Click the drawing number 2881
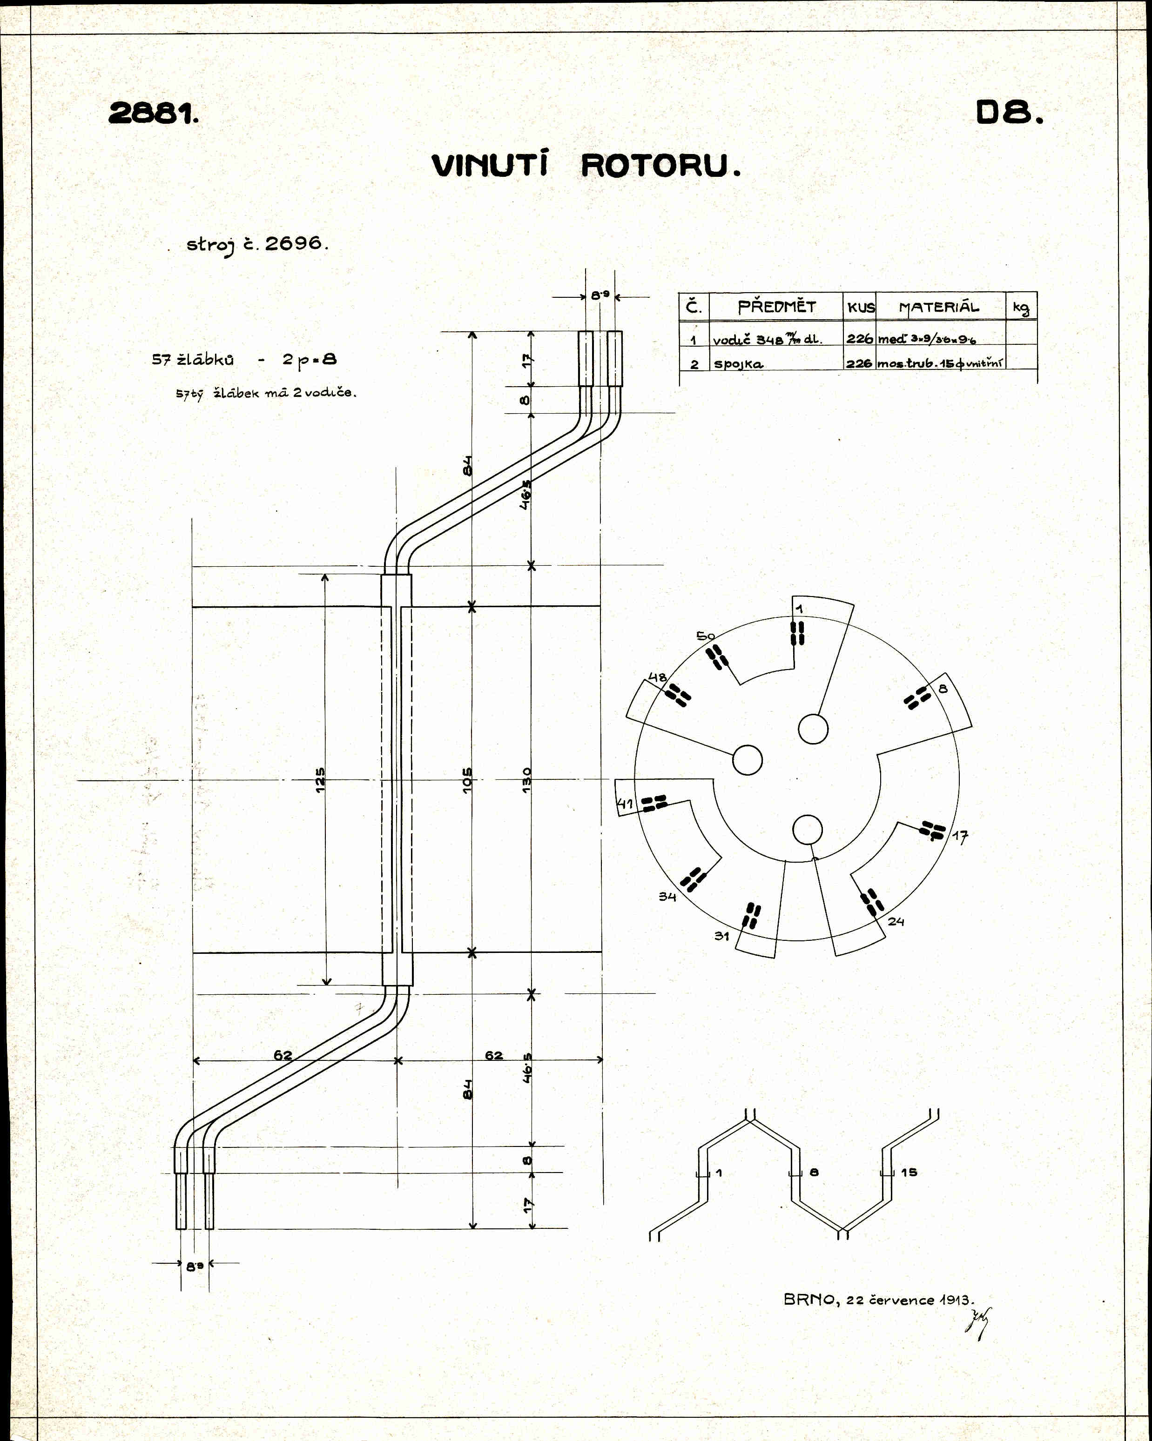153,114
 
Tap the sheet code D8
1008,113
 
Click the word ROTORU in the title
660,166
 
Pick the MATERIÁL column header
939,308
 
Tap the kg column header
1021,308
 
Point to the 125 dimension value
320,779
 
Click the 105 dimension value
467,780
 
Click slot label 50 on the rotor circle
705,636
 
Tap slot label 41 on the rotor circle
625,804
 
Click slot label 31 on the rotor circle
721,936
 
